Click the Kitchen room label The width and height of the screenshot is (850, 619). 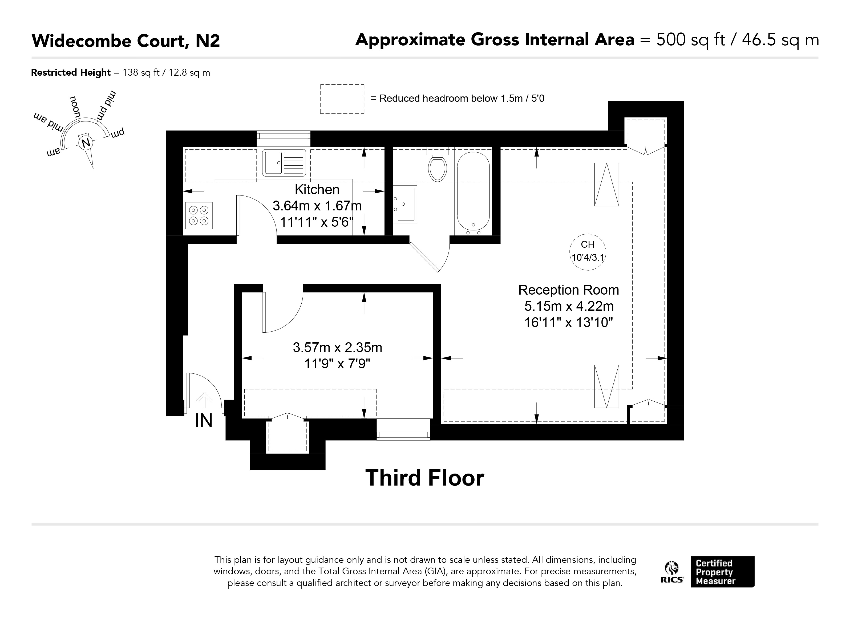tap(317, 190)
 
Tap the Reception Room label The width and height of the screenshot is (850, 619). tap(569, 290)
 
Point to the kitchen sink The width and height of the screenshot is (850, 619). tap(284, 163)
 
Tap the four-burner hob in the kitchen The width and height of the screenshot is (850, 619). tap(199, 215)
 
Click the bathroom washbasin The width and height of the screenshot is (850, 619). tap(405, 204)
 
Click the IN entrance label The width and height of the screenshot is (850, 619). tap(204, 421)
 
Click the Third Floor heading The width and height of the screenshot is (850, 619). tap(425, 478)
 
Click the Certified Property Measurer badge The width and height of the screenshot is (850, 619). tap(723, 572)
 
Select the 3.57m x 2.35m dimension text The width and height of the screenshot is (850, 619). tap(337, 348)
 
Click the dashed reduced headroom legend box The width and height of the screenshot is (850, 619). tap(342, 99)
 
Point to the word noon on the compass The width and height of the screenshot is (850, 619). tap(75, 107)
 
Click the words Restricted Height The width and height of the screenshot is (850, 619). tap(71, 72)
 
